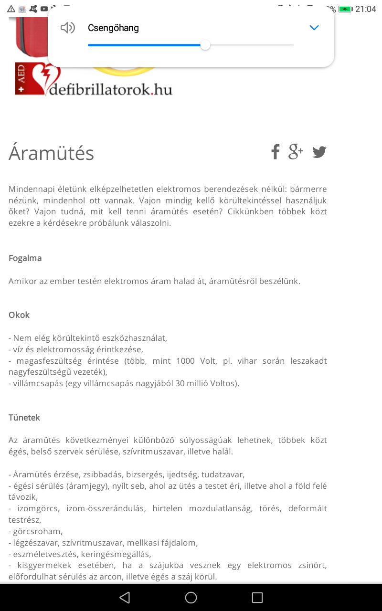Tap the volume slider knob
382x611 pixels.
(205, 45)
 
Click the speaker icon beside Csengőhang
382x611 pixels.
(68, 28)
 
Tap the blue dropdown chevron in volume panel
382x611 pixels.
(314, 28)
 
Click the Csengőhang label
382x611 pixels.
(113, 28)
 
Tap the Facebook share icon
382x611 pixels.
(275, 152)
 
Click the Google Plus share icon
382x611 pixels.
(296, 151)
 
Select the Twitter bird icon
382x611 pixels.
(319, 152)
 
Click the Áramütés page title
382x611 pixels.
(52, 153)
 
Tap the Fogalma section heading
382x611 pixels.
(25, 258)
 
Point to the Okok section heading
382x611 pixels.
(19, 315)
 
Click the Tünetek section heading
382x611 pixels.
(24, 418)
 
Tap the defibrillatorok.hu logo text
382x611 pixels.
(110, 89)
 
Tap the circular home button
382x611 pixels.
(191, 598)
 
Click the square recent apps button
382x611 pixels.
(257, 598)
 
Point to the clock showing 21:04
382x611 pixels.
(366, 9)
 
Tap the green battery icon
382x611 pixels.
(345, 9)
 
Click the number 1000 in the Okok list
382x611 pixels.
(185, 361)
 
